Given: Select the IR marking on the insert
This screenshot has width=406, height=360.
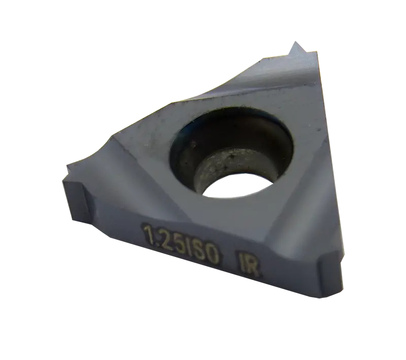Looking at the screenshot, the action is tap(248, 265).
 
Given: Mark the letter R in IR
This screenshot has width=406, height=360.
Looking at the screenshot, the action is tap(252, 267).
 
